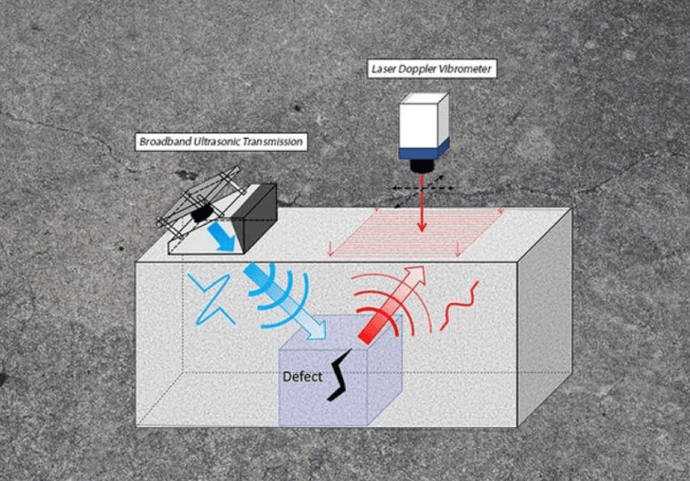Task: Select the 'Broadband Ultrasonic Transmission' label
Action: coord(220,142)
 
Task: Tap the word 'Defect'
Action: coord(301,376)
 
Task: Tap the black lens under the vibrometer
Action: coord(422,166)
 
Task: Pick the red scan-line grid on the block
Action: coord(416,232)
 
